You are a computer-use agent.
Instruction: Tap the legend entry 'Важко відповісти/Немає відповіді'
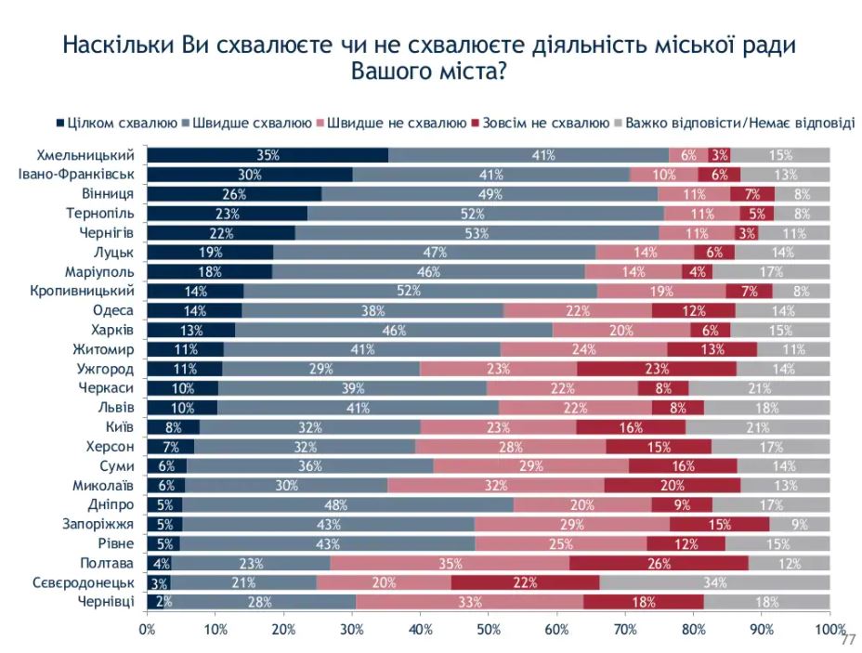tap(739, 123)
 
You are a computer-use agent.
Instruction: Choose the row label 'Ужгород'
tap(110, 368)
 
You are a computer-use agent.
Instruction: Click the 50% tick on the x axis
tap(489, 630)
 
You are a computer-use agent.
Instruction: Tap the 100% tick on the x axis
tap(829, 630)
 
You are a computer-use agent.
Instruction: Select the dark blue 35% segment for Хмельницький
tap(268, 155)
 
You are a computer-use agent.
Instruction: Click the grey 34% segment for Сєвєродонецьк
tap(714, 582)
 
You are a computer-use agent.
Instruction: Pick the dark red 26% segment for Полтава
tap(659, 564)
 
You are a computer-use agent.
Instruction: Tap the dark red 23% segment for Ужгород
tap(657, 369)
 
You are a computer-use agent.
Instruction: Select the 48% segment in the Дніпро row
tap(347, 504)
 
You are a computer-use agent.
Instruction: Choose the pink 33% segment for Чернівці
tap(469, 602)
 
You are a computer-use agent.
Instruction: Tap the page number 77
tap(846, 641)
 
